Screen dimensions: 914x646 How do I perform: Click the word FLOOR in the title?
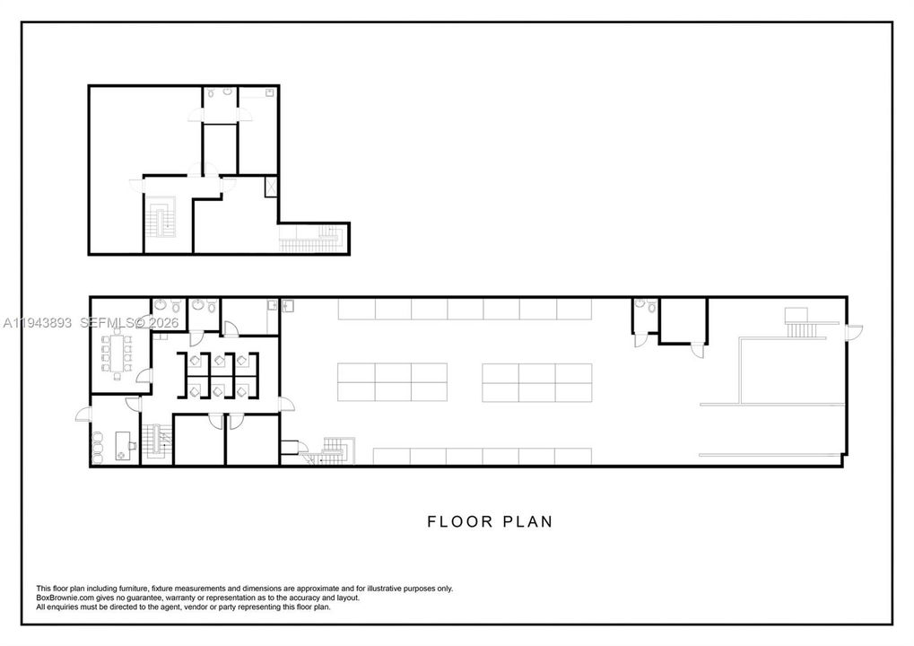460,521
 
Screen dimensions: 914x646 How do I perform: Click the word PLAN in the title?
527,521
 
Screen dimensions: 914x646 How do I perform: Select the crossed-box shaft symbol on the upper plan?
271,188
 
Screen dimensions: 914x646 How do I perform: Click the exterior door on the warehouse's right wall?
855,332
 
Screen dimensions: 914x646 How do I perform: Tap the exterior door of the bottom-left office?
83,414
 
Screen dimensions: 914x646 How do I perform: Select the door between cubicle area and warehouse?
287,404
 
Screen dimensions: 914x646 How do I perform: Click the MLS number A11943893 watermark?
38,322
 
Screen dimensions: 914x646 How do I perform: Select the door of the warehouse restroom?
641,341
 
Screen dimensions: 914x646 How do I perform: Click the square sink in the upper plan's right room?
270,92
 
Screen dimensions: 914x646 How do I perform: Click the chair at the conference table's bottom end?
118,376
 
